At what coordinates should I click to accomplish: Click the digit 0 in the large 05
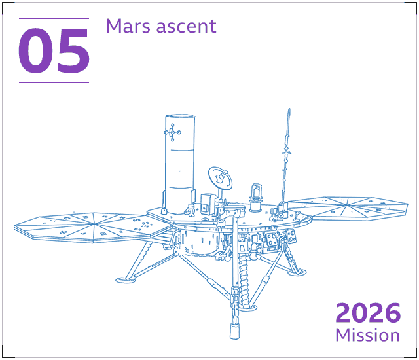[x=35, y=51]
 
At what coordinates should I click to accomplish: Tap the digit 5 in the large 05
[x=73, y=51]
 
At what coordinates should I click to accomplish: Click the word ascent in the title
[x=186, y=27]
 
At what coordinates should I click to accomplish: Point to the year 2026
[x=368, y=312]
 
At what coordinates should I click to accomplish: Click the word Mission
[x=368, y=335]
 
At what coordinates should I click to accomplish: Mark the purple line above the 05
[x=54, y=19]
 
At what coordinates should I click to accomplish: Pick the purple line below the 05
[x=54, y=82]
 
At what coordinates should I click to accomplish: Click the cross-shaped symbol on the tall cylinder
[x=172, y=132]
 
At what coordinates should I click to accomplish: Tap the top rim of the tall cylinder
[x=180, y=116]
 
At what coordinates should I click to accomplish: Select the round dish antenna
[x=220, y=178]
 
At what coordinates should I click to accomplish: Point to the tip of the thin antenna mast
[x=289, y=109]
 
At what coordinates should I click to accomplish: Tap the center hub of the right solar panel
[x=347, y=205]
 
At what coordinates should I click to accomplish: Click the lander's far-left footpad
[x=126, y=280]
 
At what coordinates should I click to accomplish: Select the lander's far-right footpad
[x=297, y=272]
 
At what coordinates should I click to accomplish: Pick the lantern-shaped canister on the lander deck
[x=256, y=198]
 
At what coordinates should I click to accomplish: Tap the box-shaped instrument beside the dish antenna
[x=208, y=204]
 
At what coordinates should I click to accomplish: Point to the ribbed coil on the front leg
[x=244, y=279]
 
